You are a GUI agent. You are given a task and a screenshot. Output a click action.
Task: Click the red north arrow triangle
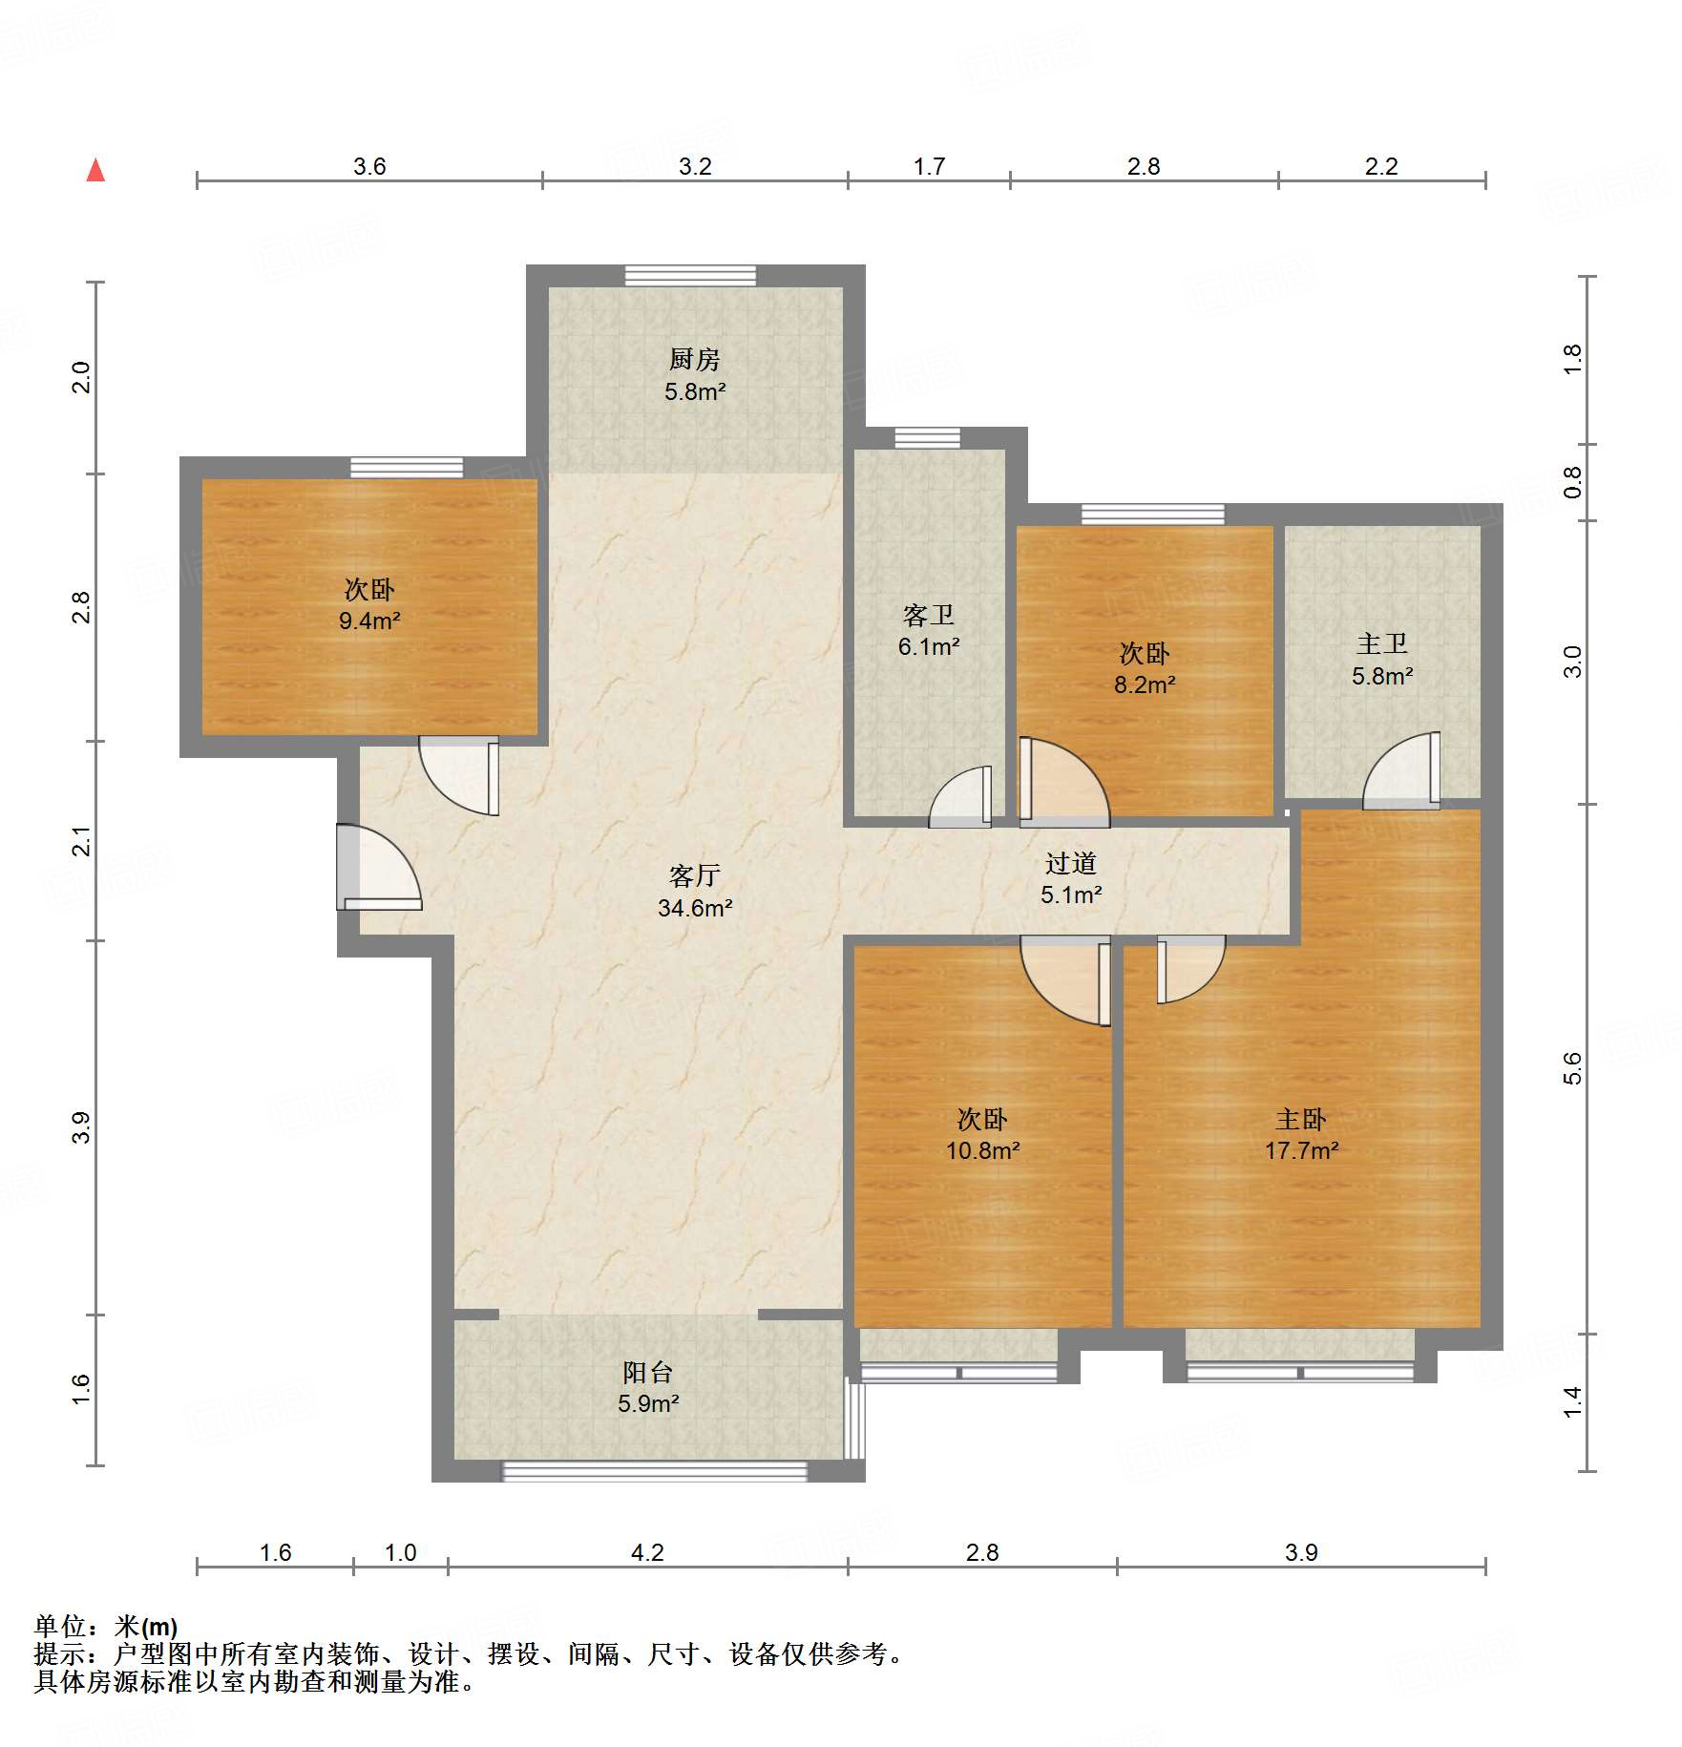click(95, 170)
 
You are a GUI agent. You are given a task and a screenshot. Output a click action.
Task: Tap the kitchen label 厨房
click(694, 359)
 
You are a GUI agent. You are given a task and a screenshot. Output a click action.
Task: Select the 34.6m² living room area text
click(695, 908)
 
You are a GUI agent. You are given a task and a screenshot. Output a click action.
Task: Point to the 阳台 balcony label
click(648, 1372)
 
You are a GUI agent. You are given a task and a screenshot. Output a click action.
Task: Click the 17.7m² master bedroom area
click(1301, 1150)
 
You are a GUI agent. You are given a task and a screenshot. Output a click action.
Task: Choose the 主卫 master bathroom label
click(1382, 643)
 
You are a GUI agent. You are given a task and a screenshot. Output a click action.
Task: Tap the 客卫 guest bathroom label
click(928, 615)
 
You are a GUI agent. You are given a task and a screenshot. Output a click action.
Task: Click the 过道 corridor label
click(1070, 863)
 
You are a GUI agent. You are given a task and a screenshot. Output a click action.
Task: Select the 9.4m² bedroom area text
click(369, 621)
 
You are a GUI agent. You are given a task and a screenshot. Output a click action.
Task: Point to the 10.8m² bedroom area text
click(982, 1150)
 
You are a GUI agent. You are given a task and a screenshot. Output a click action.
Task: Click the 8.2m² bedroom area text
click(1145, 684)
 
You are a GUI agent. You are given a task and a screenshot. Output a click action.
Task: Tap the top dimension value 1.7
click(929, 166)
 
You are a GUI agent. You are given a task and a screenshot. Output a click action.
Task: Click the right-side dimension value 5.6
click(1572, 1068)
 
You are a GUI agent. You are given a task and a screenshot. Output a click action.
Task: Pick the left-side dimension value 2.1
click(82, 841)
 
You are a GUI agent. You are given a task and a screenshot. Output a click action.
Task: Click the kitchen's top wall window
click(690, 275)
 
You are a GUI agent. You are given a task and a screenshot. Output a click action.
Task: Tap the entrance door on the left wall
click(378, 867)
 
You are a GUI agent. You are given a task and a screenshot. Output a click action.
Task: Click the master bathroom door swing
click(1401, 770)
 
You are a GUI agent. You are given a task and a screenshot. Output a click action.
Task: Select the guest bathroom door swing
click(960, 797)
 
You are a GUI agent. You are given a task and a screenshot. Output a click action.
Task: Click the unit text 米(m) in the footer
click(146, 1627)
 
